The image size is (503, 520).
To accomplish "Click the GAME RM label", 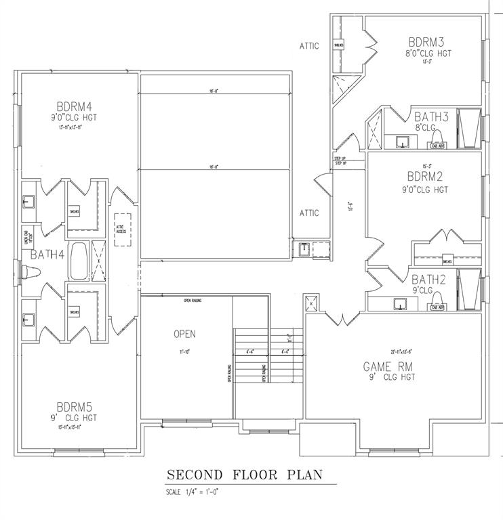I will [388, 366].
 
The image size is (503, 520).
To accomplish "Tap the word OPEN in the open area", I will [185, 334].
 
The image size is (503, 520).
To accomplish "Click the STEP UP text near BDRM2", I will [340, 160].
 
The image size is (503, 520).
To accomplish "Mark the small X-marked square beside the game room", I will [312, 302].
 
